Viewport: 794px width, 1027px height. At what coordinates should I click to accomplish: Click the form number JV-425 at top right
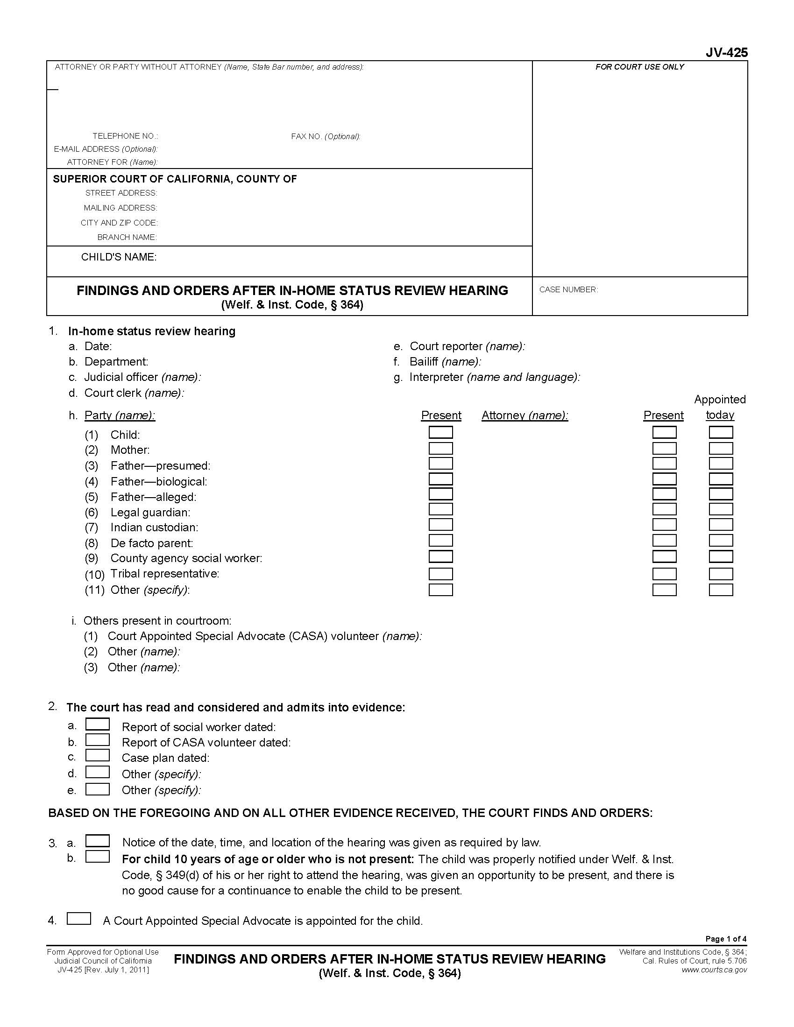coord(726,53)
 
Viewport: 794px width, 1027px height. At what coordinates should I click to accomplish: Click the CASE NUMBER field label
coord(568,290)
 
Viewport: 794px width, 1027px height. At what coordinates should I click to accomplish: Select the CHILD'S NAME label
coord(119,257)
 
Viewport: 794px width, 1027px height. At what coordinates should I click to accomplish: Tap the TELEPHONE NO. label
coord(125,136)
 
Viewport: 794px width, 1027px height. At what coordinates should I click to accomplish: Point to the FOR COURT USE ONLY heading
coord(639,67)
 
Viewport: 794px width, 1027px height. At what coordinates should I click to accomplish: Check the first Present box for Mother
coord(440,448)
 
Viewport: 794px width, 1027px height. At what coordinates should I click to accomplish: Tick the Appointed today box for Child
coord(721,432)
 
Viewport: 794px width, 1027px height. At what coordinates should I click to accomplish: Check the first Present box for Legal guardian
coord(440,509)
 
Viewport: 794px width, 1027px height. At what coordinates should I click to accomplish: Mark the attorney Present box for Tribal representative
coord(664,574)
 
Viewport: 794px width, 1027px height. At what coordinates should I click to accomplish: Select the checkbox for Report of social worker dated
coord(97,724)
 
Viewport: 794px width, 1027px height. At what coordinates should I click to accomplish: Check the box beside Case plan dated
coord(97,756)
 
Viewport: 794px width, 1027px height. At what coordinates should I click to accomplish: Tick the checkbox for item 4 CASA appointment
coord(79,918)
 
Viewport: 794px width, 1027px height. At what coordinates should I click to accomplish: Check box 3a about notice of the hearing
coord(97,840)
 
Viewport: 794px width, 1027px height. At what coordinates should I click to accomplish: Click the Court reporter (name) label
coord(467,346)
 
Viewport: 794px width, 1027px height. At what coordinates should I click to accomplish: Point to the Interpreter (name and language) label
coord(494,377)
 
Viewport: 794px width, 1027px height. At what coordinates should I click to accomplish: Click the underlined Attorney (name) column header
coord(525,415)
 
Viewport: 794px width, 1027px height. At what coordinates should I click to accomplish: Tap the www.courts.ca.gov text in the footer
coord(714,970)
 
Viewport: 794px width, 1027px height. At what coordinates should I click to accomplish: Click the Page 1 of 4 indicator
coord(726,939)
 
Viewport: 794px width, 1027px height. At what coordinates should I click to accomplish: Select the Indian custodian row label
coord(154,527)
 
